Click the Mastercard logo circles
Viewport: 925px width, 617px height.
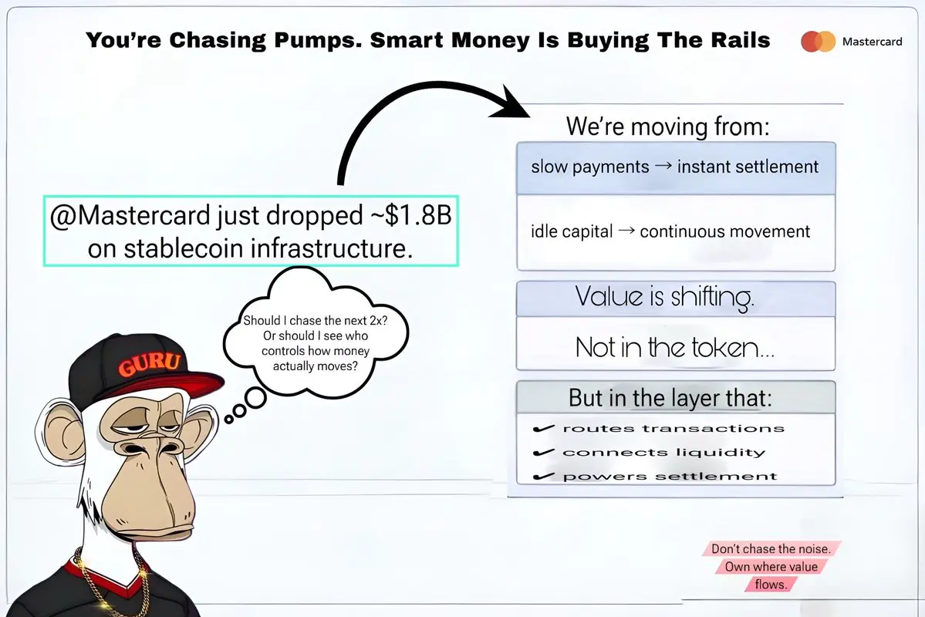tap(819, 42)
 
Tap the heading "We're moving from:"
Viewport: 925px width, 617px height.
tap(668, 126)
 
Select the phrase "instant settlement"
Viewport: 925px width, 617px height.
tap(748, 167)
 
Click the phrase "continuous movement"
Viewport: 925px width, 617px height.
tap(725, 231)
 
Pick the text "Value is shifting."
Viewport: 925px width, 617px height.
tap(664, 297)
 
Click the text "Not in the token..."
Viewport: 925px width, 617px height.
tap(675, 347)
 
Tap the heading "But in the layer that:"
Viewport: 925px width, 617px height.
tap(670, 398)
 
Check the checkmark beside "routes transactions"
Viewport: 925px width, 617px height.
tap(543, 428)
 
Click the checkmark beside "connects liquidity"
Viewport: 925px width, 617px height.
tap(543, 453)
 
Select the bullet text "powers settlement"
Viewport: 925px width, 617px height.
tap(670, 476)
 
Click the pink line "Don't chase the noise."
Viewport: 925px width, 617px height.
tap(771, 548)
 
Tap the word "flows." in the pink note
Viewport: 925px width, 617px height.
tap(771, 585)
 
